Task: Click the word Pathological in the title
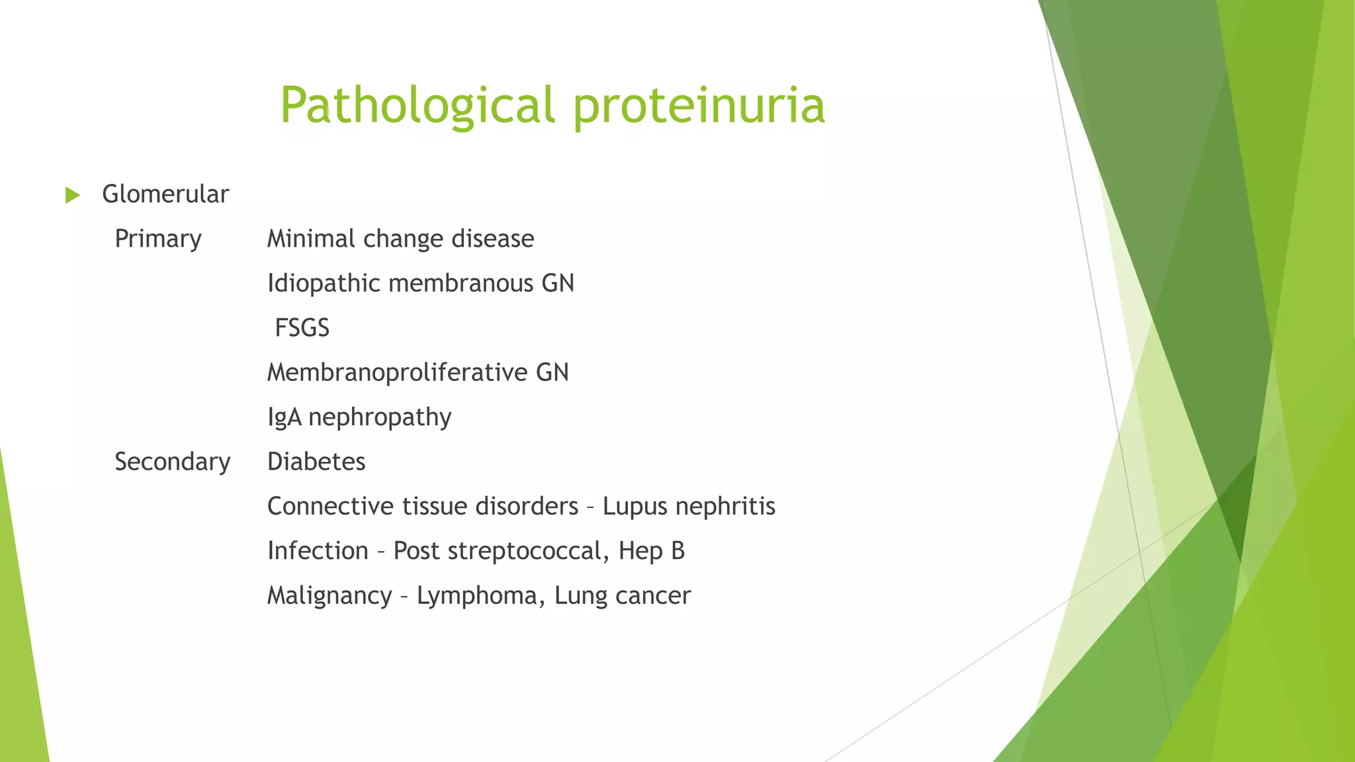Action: tap(417, 106)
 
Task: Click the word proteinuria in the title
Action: tap(699, 106)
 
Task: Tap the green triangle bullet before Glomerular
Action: tap(73, 195)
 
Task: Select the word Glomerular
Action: tap(165, 194)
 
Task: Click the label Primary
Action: tap(157, 239)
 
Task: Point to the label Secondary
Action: tap(172, 462)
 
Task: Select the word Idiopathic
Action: tap(324, 284)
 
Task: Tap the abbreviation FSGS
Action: tap(302, 328)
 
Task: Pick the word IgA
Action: tap(284, 417)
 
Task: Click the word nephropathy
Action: tap(380, 417)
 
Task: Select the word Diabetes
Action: tap(316, 462)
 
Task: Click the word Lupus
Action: tap(634, 507)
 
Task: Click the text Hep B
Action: tap(652, 551)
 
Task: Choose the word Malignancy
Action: tap(329, 596)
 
